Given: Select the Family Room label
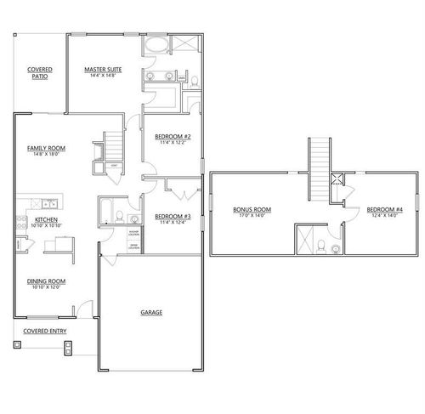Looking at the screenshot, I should coord(47,147).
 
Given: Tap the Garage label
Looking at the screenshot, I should coord(151,313).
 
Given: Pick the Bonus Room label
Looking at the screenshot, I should coord(252,209).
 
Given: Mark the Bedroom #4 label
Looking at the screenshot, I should coord(383,209).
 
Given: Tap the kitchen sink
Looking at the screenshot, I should coord(48,203).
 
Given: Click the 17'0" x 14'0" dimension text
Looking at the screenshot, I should coord(252,216).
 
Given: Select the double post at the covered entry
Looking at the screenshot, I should coord(71,346).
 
